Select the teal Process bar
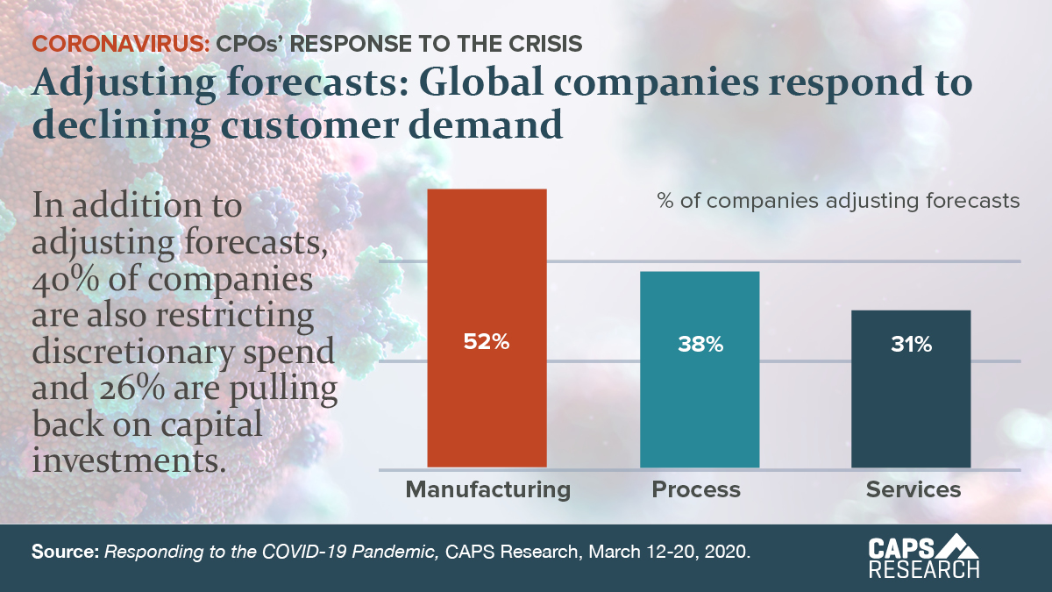point(700,403)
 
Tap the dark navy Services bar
point(911,412)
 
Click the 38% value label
point(700,345)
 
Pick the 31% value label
point(911,345)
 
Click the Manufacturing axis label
point(487,489)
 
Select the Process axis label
point(696,489)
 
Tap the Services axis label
point(913,489)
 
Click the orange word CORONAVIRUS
point(120,43)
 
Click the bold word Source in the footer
point(66,553)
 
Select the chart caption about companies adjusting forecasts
point(838,201)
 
